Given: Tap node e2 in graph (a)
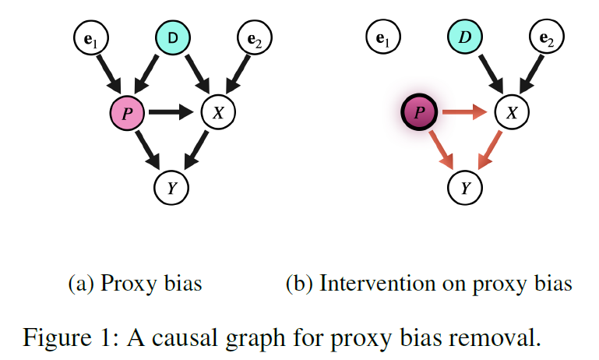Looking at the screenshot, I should (x=254, y=37).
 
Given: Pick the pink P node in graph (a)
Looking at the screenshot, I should (x=126, y=114).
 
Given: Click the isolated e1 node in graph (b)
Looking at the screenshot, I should (x=382, y=37).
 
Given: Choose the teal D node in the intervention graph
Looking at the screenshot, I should (x=465, y=37).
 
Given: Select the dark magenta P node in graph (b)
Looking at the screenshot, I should (x=420, y=114).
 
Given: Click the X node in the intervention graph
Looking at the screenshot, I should (x=511, y=114).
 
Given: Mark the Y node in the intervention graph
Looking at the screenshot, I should (x=466, y=187).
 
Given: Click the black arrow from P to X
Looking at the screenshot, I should (x=171, y=114).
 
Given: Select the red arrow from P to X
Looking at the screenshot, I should (x=465, y=114).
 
